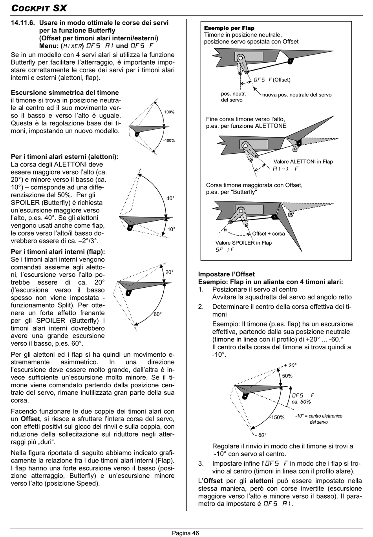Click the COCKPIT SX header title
39,8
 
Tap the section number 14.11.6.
23,23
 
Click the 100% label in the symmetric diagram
170,112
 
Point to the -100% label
169,140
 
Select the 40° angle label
170,198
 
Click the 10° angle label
171,229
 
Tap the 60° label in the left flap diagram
158,314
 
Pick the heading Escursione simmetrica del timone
65,93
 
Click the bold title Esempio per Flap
229,28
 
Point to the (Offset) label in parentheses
282,80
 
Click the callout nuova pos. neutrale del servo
297,95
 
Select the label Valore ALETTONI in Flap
303,161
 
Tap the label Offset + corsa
269,234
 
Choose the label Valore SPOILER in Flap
243,243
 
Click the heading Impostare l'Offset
226,274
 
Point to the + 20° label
290,365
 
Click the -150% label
276,417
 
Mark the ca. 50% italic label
301,402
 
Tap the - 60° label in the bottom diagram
260,435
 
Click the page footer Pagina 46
185,533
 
